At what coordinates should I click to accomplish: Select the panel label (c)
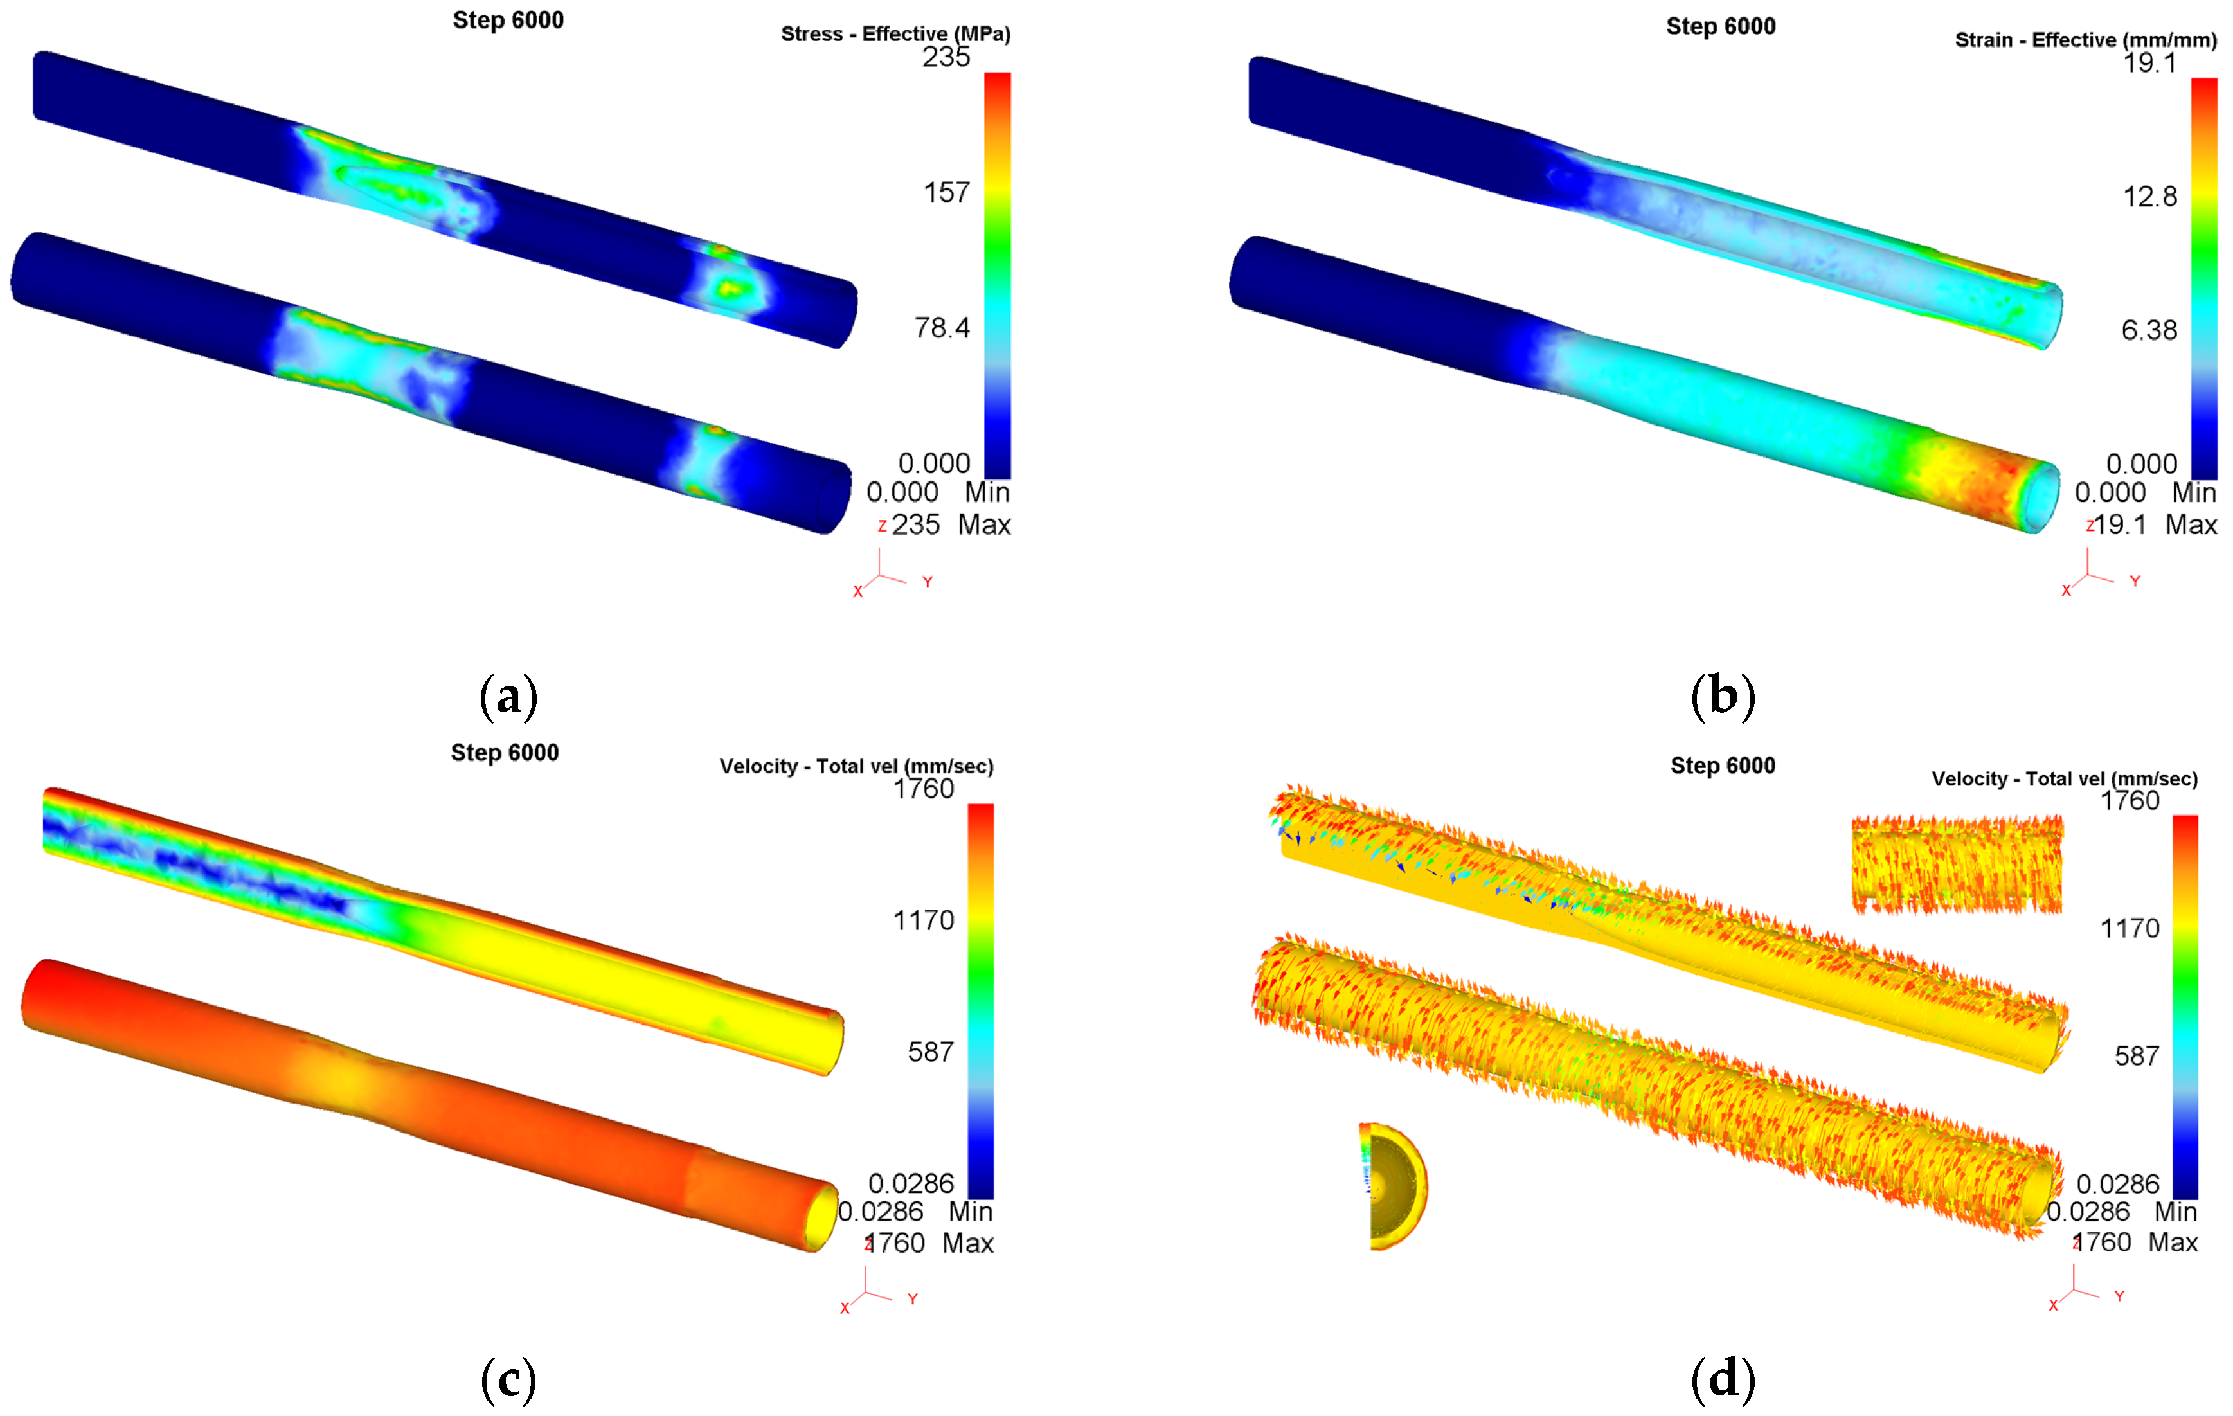pos(508,1379)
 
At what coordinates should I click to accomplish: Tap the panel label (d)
pos(1723,1379)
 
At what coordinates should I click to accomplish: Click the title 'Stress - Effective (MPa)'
pos(896,34)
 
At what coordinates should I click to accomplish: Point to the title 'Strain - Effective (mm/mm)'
pos(2086,40)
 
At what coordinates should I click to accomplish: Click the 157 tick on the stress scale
pos(947,192)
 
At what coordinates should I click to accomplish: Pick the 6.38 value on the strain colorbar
pos(2149,330)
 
